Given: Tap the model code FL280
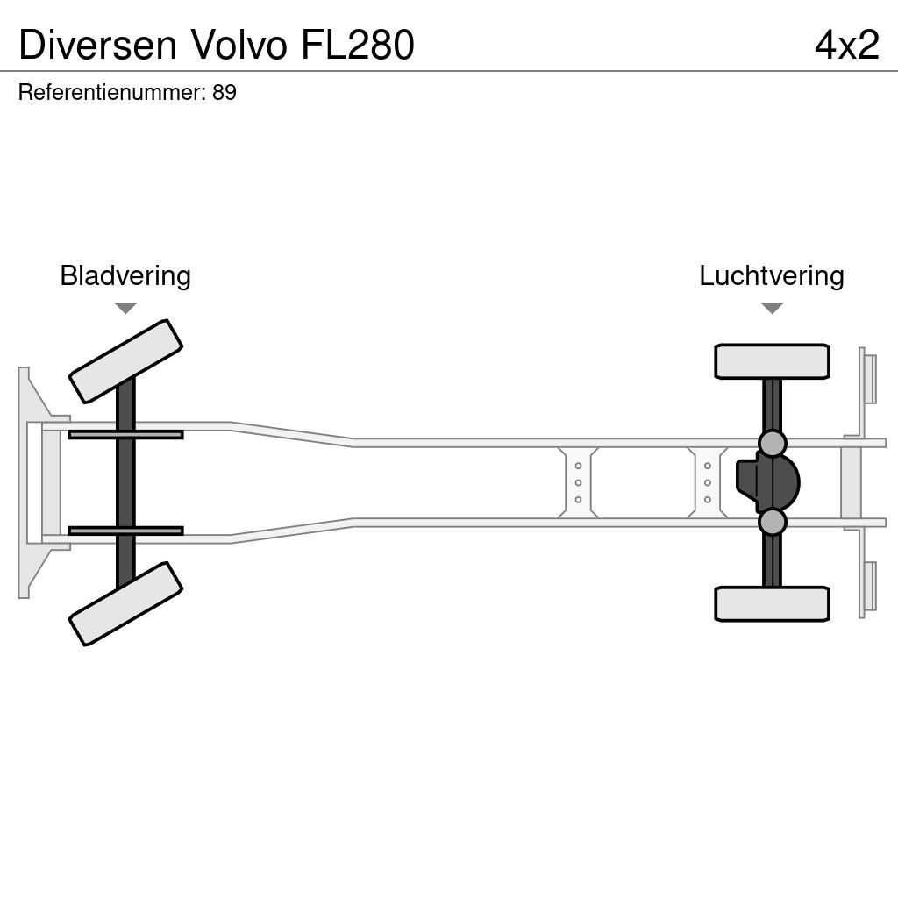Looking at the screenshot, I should [358, 45].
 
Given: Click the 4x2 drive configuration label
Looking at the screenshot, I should [846, 45].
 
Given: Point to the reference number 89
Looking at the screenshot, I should [224, 93].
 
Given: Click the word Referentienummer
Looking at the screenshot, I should [111, 93].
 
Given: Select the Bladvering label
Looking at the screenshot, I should [125, 275].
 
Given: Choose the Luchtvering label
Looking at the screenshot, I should [771, 275].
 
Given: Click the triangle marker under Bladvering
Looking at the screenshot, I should [125, 308].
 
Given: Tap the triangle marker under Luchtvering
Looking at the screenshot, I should [772, 308].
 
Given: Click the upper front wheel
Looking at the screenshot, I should [125, 361].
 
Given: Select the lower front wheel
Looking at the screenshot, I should [125, 604].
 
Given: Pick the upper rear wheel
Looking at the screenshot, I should [772, 361].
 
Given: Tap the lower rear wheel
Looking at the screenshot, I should [772, 604].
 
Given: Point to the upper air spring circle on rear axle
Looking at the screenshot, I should [772, 444].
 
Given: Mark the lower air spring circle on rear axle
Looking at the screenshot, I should [772, 522].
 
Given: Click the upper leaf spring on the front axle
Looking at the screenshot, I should [125, 434].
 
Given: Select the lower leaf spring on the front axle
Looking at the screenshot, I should [125, 531].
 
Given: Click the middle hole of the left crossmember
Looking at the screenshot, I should [578, 482].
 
